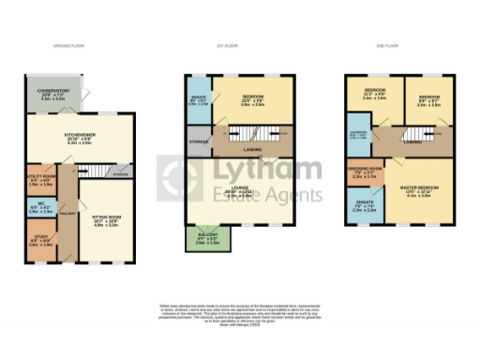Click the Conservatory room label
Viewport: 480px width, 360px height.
point(52,94)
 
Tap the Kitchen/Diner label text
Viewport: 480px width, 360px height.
point(77,138)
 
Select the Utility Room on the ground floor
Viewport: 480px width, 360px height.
point(40,182)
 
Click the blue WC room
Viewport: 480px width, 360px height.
point(39,209)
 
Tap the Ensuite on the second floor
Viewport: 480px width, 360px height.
point(367,207)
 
